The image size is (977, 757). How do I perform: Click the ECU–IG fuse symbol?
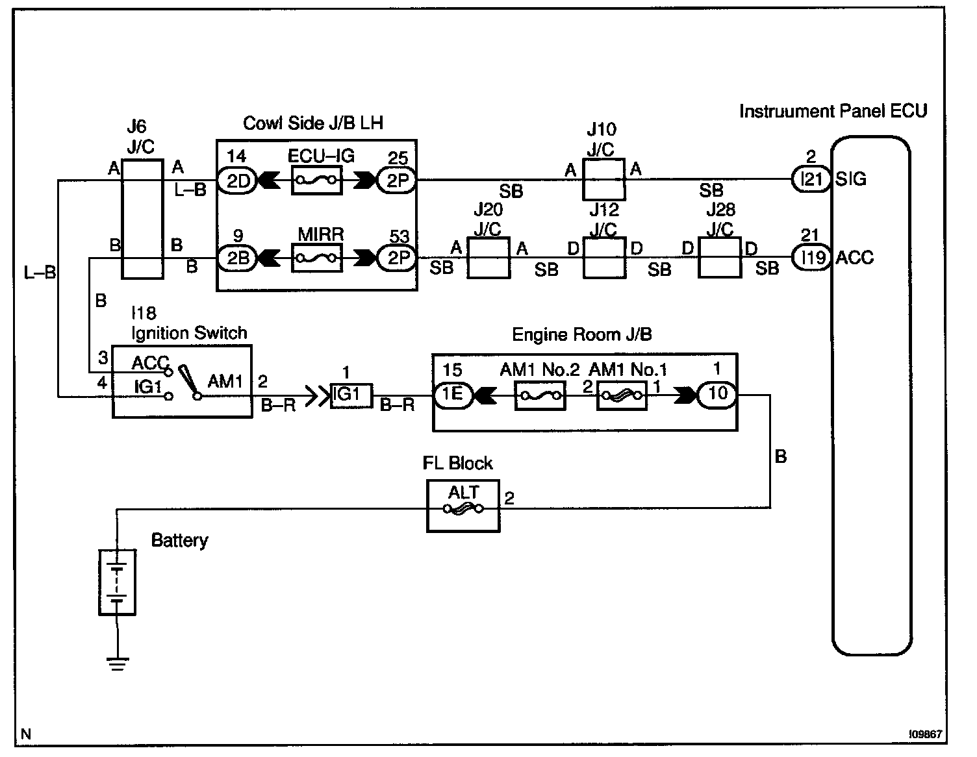click(316, 180)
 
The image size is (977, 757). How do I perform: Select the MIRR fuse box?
click(316, 258)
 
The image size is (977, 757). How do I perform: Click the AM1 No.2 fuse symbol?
click(540, 395)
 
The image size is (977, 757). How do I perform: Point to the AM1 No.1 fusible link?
click(622, 395)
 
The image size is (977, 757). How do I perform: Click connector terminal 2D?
click(237, 180)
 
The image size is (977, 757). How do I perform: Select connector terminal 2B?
click(237, 258)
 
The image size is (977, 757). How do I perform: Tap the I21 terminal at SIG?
click(811, 179)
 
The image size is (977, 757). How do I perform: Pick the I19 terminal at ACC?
click(811, 258)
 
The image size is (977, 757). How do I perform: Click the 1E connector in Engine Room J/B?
click(453, 395)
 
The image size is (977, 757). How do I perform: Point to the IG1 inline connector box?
click(351, 395)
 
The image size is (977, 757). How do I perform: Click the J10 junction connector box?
click(604, 179)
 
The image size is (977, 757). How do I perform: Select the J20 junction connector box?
click(488, 258)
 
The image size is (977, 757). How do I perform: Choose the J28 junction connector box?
click(719, 258)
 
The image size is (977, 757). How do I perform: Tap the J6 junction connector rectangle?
click(142, 219)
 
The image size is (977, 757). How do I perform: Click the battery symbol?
click(118, 582)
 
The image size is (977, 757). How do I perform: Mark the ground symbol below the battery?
click(118, 664)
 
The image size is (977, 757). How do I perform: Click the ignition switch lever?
click(188, 382)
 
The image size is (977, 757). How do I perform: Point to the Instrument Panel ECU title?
click(833, 111)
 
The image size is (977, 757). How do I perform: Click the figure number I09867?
click(925, 734)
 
